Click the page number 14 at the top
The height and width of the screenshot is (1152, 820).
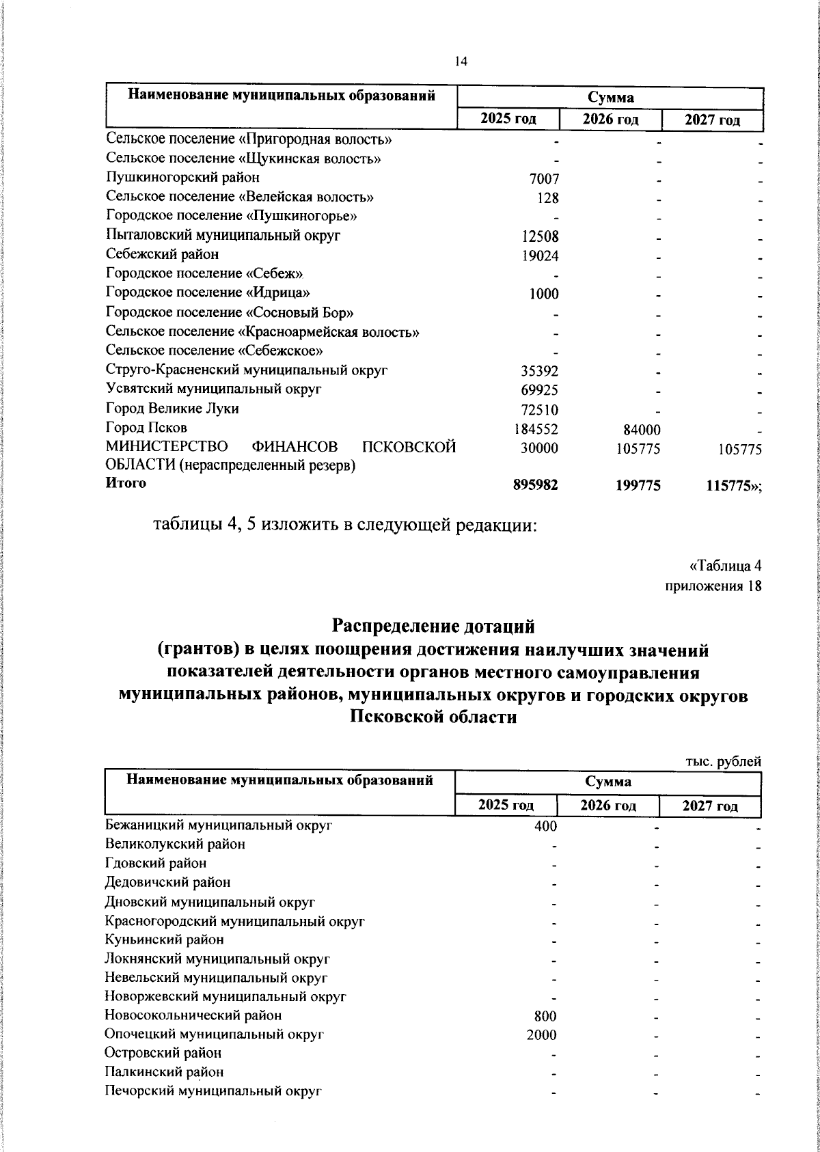(x=461, y=61)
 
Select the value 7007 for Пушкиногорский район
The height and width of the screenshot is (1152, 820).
(x=544, y=179)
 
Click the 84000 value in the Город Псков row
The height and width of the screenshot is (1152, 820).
(x=642, y=429)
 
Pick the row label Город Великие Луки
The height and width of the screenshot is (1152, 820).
(x=172, y=409)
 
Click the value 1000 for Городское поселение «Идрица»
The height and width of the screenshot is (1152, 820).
(x=544, y=294)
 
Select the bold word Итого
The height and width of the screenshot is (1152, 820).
(x=126, y=483)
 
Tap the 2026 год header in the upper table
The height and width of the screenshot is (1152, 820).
(x=610, y=120)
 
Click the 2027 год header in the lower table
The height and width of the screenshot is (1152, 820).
(x=710, y=806)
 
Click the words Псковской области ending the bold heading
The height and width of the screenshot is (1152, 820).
(x=433, y=717)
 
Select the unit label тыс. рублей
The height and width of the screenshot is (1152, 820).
(x=723, y=762)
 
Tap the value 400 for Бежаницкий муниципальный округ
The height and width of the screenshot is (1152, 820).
(x=545, y=826)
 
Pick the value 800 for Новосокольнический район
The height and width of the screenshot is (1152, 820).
(x=545, y=1016)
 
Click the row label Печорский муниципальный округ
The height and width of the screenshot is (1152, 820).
(x=213, y=1091)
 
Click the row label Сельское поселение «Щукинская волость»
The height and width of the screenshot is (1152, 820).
(x=243, y=159)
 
